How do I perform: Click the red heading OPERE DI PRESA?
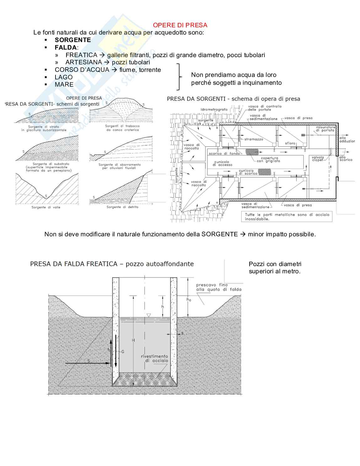[180, 25]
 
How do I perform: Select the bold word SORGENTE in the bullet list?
[73, 40]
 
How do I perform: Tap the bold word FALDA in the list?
[66, 47]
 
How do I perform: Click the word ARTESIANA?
[84, 62]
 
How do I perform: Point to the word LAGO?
[64, 77]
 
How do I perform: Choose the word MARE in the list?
[64, 84]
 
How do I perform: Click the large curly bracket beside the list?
[179, 77]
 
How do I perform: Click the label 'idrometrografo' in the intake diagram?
[214, 110]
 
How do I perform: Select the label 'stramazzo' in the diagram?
[254, 139]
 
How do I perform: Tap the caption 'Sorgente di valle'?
[46, 207]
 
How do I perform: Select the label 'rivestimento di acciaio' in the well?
[155, 358]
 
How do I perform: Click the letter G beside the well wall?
[123, 352]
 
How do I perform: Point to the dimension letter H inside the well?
[133, 340]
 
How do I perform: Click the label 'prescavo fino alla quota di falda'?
[219, 287]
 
